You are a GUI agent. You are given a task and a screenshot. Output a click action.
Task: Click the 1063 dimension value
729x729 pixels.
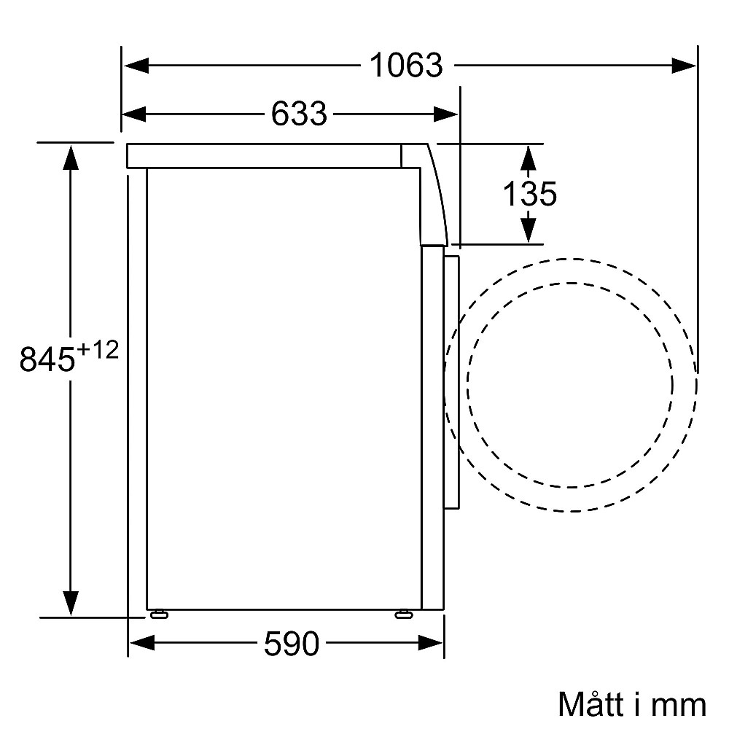coord(406,66)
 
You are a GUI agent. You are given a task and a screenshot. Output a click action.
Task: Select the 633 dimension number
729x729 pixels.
coord(299,114)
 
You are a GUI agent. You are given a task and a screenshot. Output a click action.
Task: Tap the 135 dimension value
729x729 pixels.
coord(530,194)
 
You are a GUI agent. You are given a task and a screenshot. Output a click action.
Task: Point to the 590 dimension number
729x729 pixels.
coord(292,643)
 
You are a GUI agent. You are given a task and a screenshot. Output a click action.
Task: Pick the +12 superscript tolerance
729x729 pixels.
coord(97,350)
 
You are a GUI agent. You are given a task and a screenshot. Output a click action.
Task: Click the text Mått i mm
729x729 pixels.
coord(632,704)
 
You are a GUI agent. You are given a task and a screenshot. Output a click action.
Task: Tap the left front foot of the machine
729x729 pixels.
coord(158,615)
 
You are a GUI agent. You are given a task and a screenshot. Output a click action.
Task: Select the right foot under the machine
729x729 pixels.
coord(402,615)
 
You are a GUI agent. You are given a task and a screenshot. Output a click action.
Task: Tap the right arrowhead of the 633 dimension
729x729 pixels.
coord(446,114)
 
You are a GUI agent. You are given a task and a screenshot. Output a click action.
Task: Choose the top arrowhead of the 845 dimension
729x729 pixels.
coord(70,157)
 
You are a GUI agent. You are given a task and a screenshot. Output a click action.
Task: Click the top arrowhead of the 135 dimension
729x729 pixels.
coord(530,156)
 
